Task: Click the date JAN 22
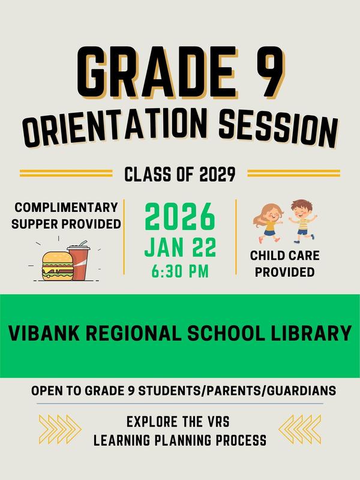pyautogui.click(x=180, y=247)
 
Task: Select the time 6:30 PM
pyautogui.click(x=180, y=271)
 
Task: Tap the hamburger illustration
pyautogui.click(x=57, y=265)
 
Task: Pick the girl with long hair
pyautogui.click(x=268, y=220)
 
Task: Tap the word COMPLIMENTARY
pyautogui.click(x=66, y=208)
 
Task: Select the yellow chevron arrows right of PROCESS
pyautogui.click(x=300, y=429)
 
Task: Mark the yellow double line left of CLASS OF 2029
pyautogui.click(x=66, y=173)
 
